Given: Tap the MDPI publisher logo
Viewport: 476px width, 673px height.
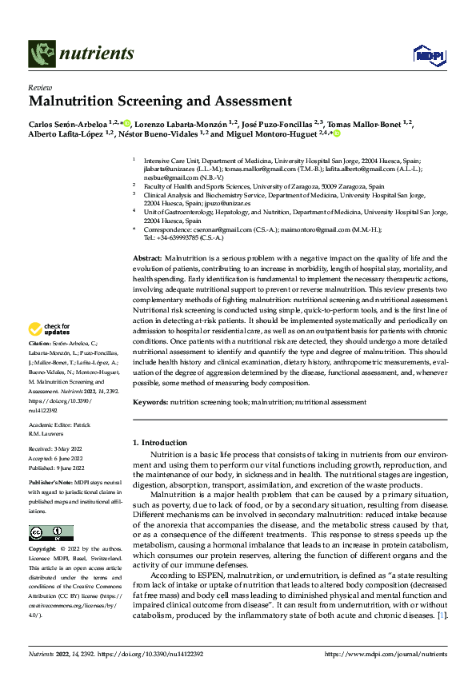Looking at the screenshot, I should click(427, 54).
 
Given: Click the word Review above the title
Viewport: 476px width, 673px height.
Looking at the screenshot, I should click(38, 87).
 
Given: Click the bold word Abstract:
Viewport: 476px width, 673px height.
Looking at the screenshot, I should click(146, 258).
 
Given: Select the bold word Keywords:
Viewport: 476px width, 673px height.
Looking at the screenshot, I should click(150, 403).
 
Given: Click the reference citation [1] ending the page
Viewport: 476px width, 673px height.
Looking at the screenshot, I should click(441, 616).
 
